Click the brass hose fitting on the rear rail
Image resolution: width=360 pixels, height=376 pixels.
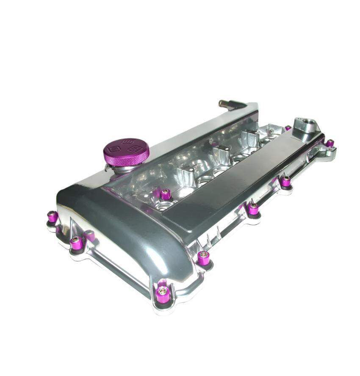(224, 103)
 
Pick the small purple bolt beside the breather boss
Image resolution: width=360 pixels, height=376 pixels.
(288, 127)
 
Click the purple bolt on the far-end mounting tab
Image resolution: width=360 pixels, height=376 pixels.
(330, 143)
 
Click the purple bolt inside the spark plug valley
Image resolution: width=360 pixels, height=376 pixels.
(166, 194)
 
